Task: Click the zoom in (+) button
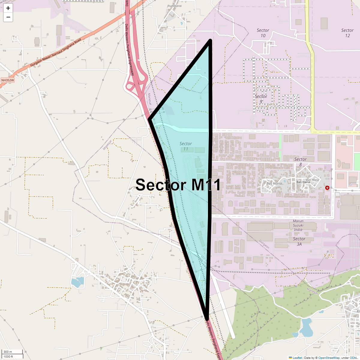pos(8,8)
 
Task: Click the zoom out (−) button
pos(8,17)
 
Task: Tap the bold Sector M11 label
pos(178,185)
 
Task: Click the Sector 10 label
pos(263,33)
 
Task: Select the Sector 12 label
pos(347,33)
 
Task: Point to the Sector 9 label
pos(261,99)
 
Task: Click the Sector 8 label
pos(300,162)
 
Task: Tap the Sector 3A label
pos(299,241)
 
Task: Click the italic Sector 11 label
pos(186,146)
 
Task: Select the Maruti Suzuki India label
pos(298,225)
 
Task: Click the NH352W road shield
pos(7,80)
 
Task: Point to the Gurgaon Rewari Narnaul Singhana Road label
pos(55,53)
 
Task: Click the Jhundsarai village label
pos(175,6)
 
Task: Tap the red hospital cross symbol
pos(327,188)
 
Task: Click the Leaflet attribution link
pos(297,358)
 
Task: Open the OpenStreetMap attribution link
pos(329,358)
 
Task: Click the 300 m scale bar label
pos(8,352)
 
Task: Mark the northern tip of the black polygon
pos(210,40)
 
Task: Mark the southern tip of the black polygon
pos(207,318)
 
